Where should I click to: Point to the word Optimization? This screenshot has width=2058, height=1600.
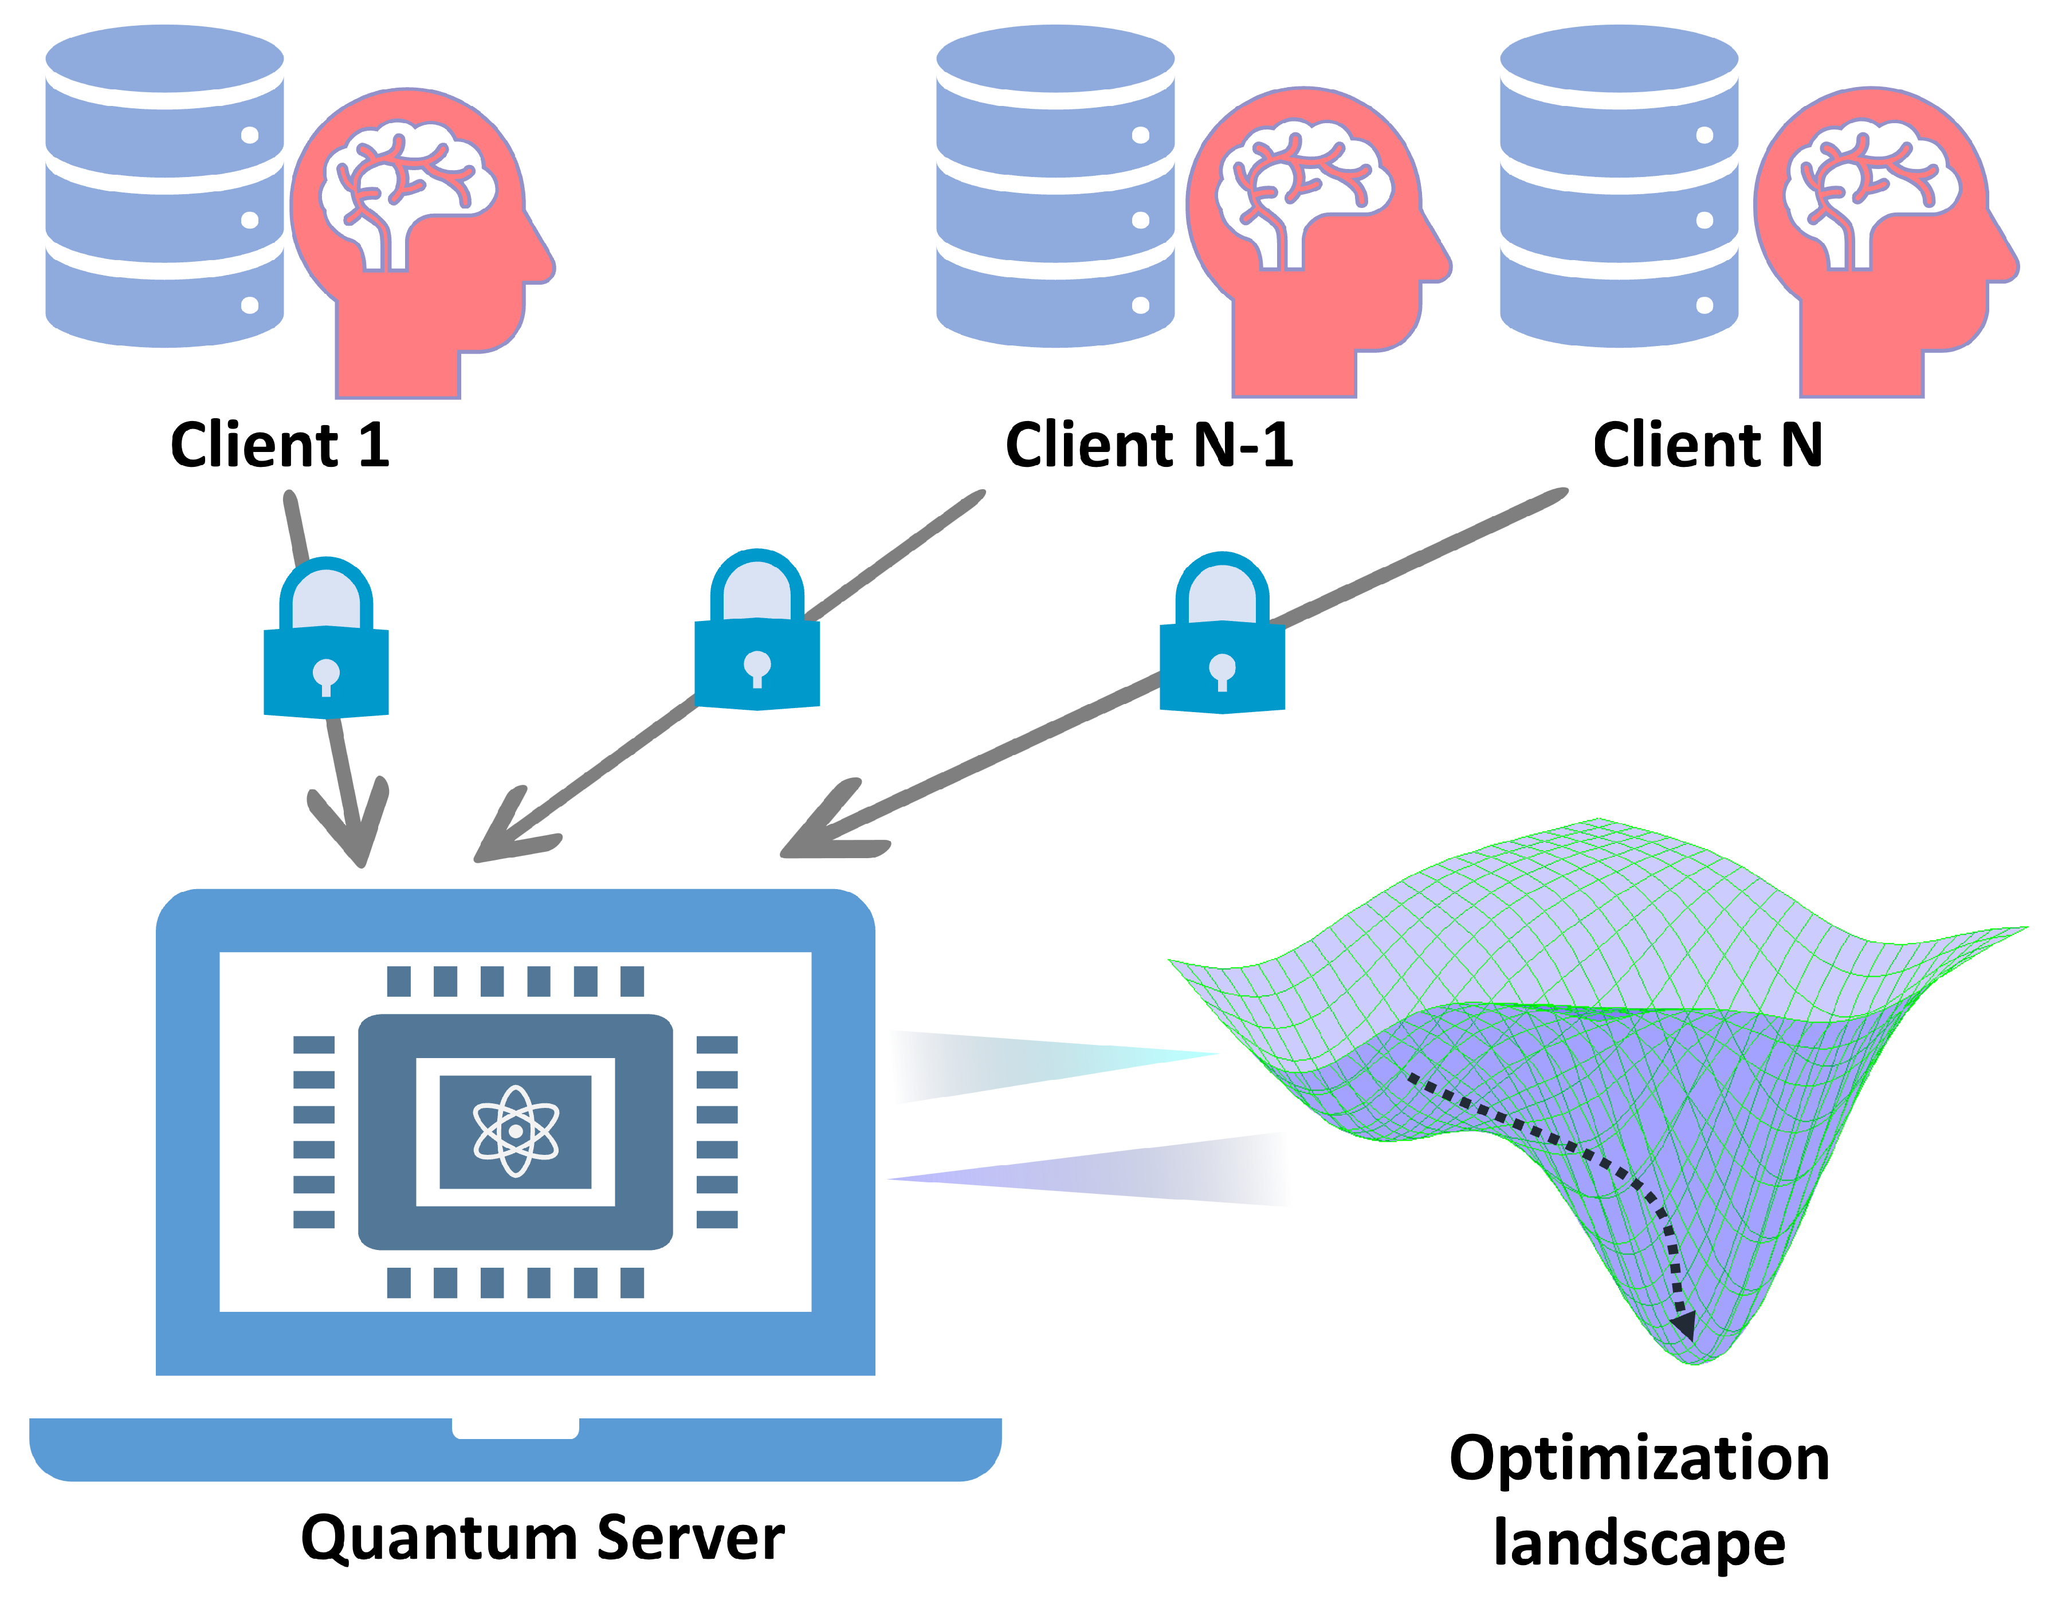point(1640,1459)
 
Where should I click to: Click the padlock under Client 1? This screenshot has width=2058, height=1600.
point(326,650)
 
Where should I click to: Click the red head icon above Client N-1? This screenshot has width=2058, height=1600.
point(1319,301)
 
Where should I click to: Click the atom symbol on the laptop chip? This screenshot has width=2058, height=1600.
point(516,1131)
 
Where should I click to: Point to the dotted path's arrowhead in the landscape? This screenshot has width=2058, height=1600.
point(1683,1324)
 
